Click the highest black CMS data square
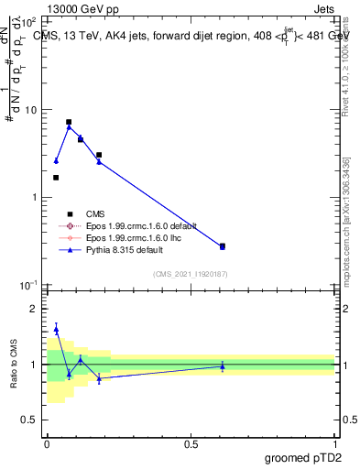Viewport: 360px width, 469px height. coord(69,122)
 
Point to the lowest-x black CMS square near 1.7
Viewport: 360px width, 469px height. coord(56,178)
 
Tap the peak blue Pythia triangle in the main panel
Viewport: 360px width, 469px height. coord(69,127)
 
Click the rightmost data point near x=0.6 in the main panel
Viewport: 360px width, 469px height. coord(223,246)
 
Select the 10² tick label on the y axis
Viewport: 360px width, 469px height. coord(30,22)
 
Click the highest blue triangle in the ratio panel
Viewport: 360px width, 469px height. coord(56,329)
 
